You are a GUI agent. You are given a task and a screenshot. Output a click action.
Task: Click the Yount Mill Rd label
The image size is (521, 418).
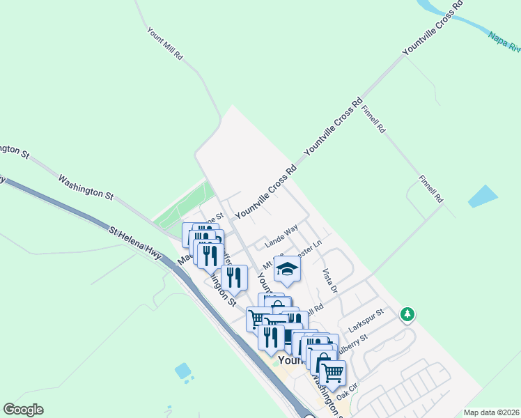click(164, 43)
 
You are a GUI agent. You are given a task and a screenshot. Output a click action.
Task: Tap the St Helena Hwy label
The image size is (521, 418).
click(136, 242)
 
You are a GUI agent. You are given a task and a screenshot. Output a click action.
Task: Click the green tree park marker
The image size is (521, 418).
click(407, 315)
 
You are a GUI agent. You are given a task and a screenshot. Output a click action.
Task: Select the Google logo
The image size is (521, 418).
click(23, 410)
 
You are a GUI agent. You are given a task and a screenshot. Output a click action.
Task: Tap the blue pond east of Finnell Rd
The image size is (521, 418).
click(483, 196)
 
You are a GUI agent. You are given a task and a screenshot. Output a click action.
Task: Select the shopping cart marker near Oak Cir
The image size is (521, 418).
click(332, 372)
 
